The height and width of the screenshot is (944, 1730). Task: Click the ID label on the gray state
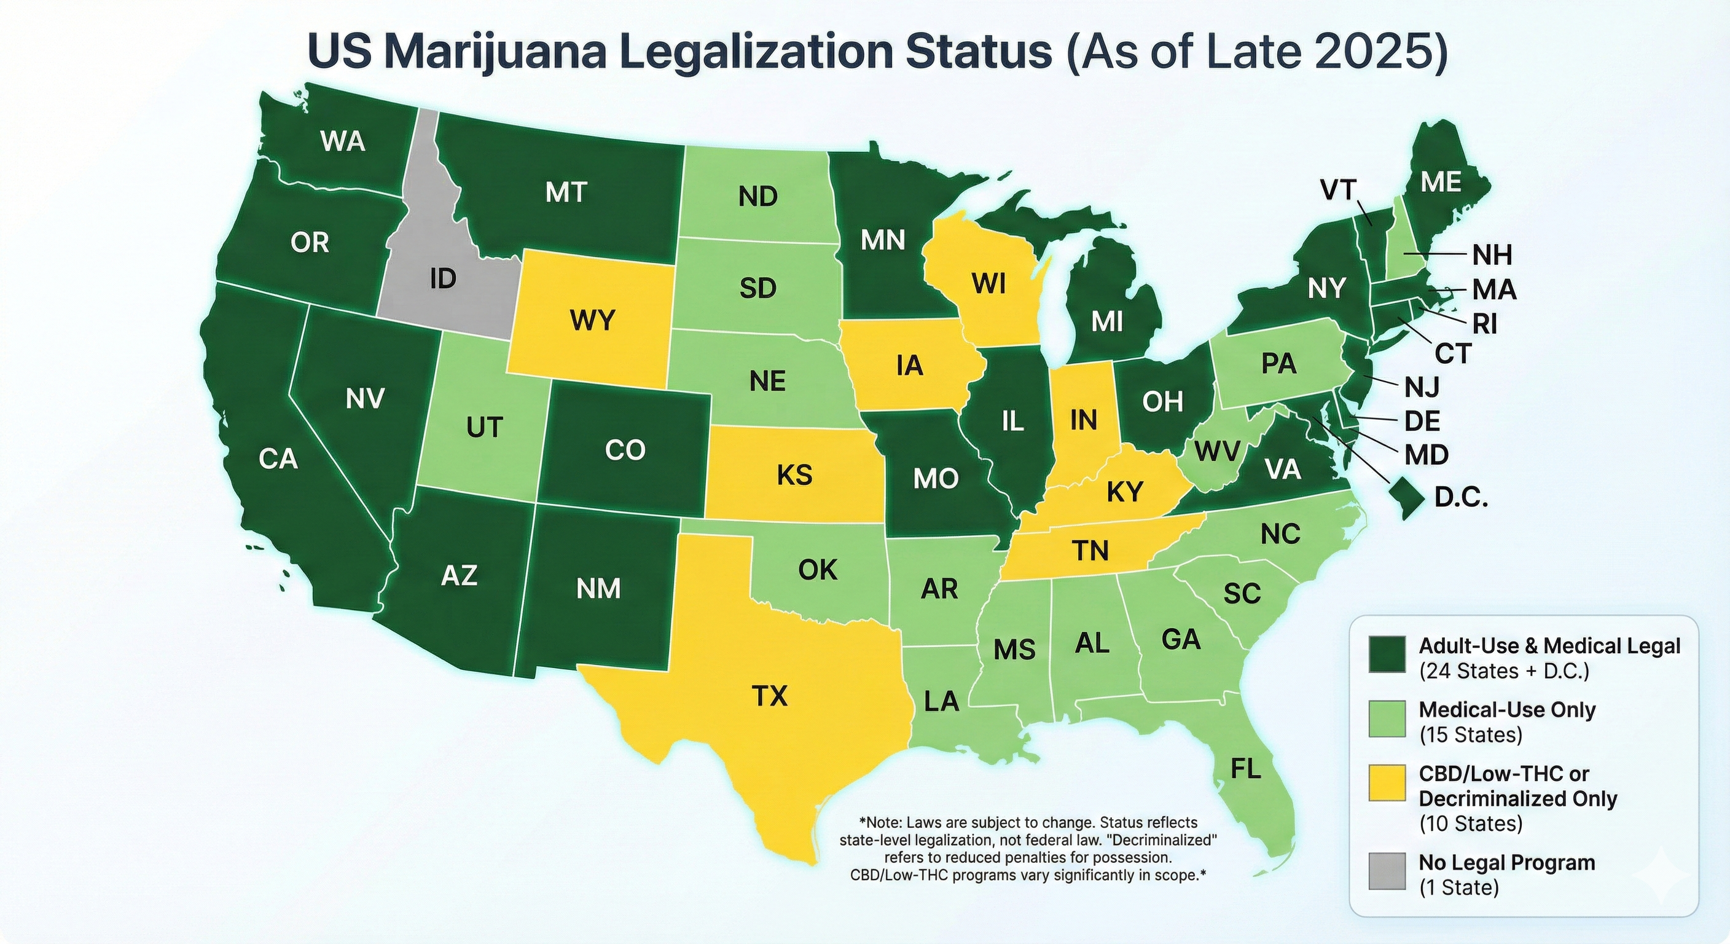[442, 278]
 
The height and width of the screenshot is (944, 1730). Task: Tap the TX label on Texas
[769, 696]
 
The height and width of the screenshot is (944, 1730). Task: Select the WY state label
[592, 320]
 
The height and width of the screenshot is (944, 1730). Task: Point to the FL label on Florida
[1245, 769]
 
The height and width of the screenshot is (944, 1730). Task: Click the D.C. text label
[1462, 498]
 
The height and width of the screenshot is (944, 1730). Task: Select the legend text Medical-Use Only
[1507, 709]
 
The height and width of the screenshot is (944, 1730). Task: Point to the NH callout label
[1492, 255]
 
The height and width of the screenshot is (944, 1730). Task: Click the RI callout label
[1485, 324]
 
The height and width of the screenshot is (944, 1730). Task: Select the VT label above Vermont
[1339, 190]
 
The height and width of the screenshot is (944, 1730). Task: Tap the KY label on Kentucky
[1124, 492]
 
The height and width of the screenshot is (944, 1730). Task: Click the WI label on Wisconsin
[988, 284]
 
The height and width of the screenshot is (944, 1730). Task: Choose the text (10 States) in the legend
[1471, 824]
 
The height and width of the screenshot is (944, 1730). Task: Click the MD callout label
[1427, 455]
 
